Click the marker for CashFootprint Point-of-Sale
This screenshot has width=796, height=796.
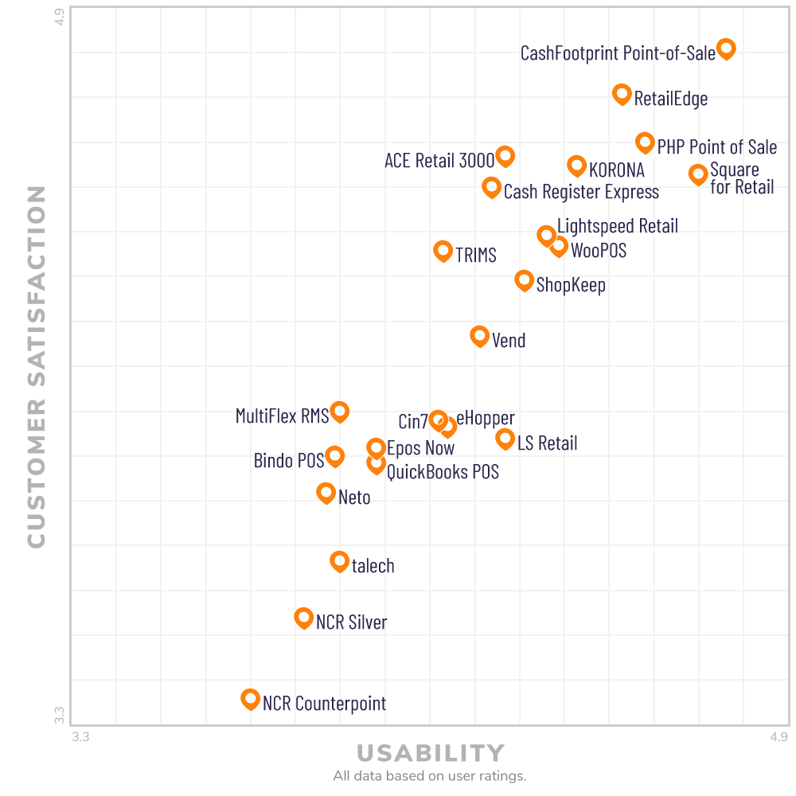point(726,48)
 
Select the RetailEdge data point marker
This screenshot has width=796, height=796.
point(622,93)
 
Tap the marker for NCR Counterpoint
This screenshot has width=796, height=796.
point(250,699)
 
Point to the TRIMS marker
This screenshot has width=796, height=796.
point(443,250)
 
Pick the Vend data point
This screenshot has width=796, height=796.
point(479,335)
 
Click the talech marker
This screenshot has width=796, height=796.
point(339,561)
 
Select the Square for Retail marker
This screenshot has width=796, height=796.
point(698,174)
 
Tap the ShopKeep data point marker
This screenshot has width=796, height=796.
point(524,279)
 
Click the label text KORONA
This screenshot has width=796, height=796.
point(617,170)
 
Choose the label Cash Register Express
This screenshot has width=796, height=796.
point(581,192)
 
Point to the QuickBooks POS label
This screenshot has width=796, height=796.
point(443,472)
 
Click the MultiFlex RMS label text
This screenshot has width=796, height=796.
point(282,416)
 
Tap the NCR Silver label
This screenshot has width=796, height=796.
point(351,622)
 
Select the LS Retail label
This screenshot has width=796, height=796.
point(547,443)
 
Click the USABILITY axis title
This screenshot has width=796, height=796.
point(430,753)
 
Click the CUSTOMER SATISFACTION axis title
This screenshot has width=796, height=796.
point(37,366)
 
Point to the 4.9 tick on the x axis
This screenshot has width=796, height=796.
point(779,737)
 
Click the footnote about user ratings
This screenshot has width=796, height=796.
point(430,776)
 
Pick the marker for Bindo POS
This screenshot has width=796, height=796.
point(334,456)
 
